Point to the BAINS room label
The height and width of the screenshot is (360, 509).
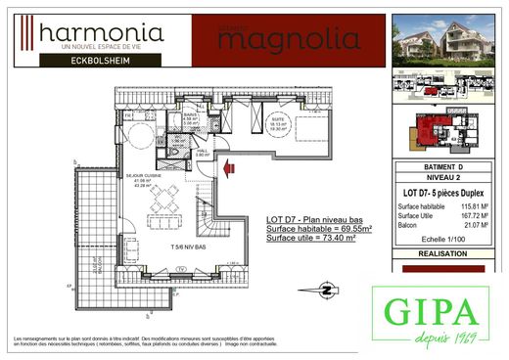pos(192,117)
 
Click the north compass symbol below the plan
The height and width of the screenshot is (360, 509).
pos(325,289)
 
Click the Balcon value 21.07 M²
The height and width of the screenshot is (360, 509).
pos(475,227)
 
